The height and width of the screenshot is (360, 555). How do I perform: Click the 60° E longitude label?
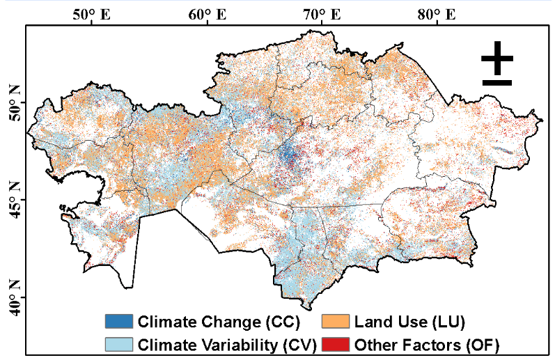pos(208,14)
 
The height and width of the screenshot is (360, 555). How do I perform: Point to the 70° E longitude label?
pos(321,14)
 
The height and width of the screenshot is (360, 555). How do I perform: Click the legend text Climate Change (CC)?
pos(218,322)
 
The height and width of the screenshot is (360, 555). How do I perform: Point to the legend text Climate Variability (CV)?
pos(228,344)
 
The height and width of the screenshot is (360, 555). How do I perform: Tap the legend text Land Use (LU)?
pos(409,322)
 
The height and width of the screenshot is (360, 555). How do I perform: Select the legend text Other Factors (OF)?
pos(427,344)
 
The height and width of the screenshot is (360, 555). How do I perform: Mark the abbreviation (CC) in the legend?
pos(282,322)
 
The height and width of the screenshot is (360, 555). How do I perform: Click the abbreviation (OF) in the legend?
pos(485,344)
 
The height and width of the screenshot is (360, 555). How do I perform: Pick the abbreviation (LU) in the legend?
pos(449,322)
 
